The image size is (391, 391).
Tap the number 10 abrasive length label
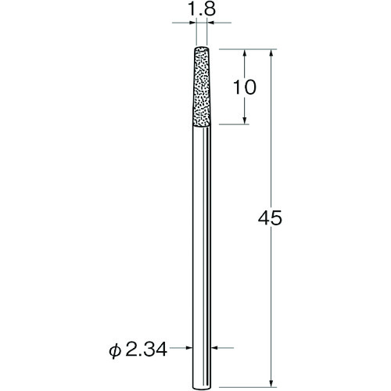(x=245, y=87)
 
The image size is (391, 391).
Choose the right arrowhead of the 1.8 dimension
(x=213, y=24)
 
